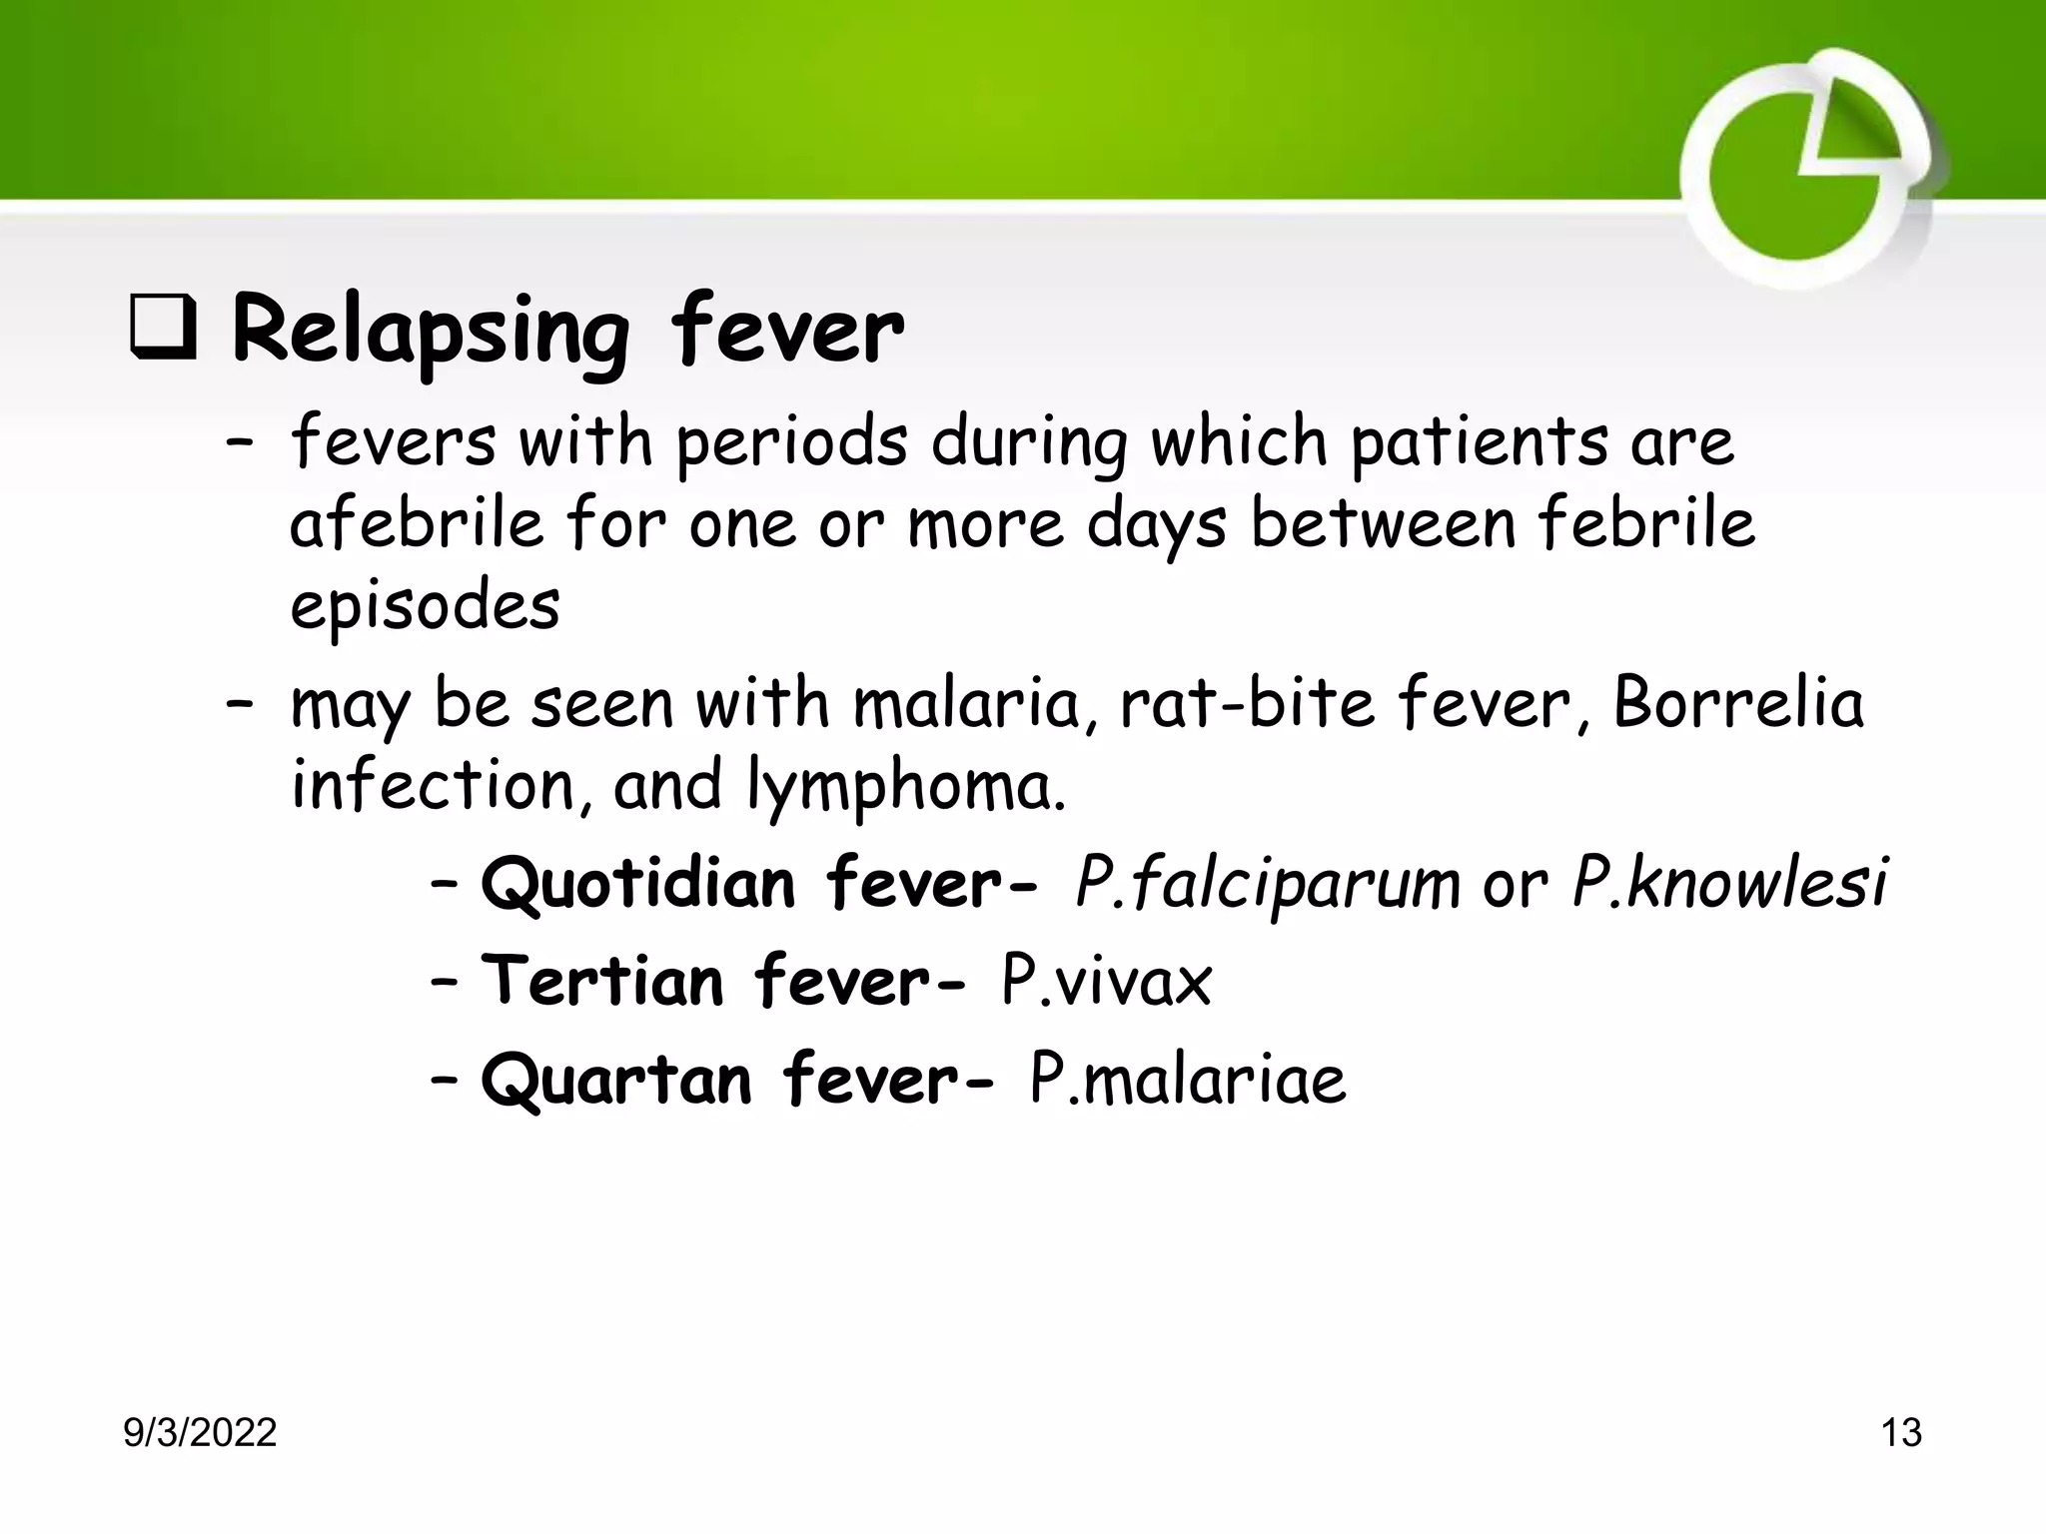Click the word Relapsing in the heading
(430, 335)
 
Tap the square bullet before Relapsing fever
(163, 334)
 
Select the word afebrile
(417, 523)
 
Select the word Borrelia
(1738, 703)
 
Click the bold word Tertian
(602, 981)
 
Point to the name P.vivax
(1107, 981)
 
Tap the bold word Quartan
(616, 1080)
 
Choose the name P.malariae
(1188, 1080)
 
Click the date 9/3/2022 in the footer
(200, 1433)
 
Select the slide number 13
(1900, 1433)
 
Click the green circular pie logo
(1808, 170)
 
